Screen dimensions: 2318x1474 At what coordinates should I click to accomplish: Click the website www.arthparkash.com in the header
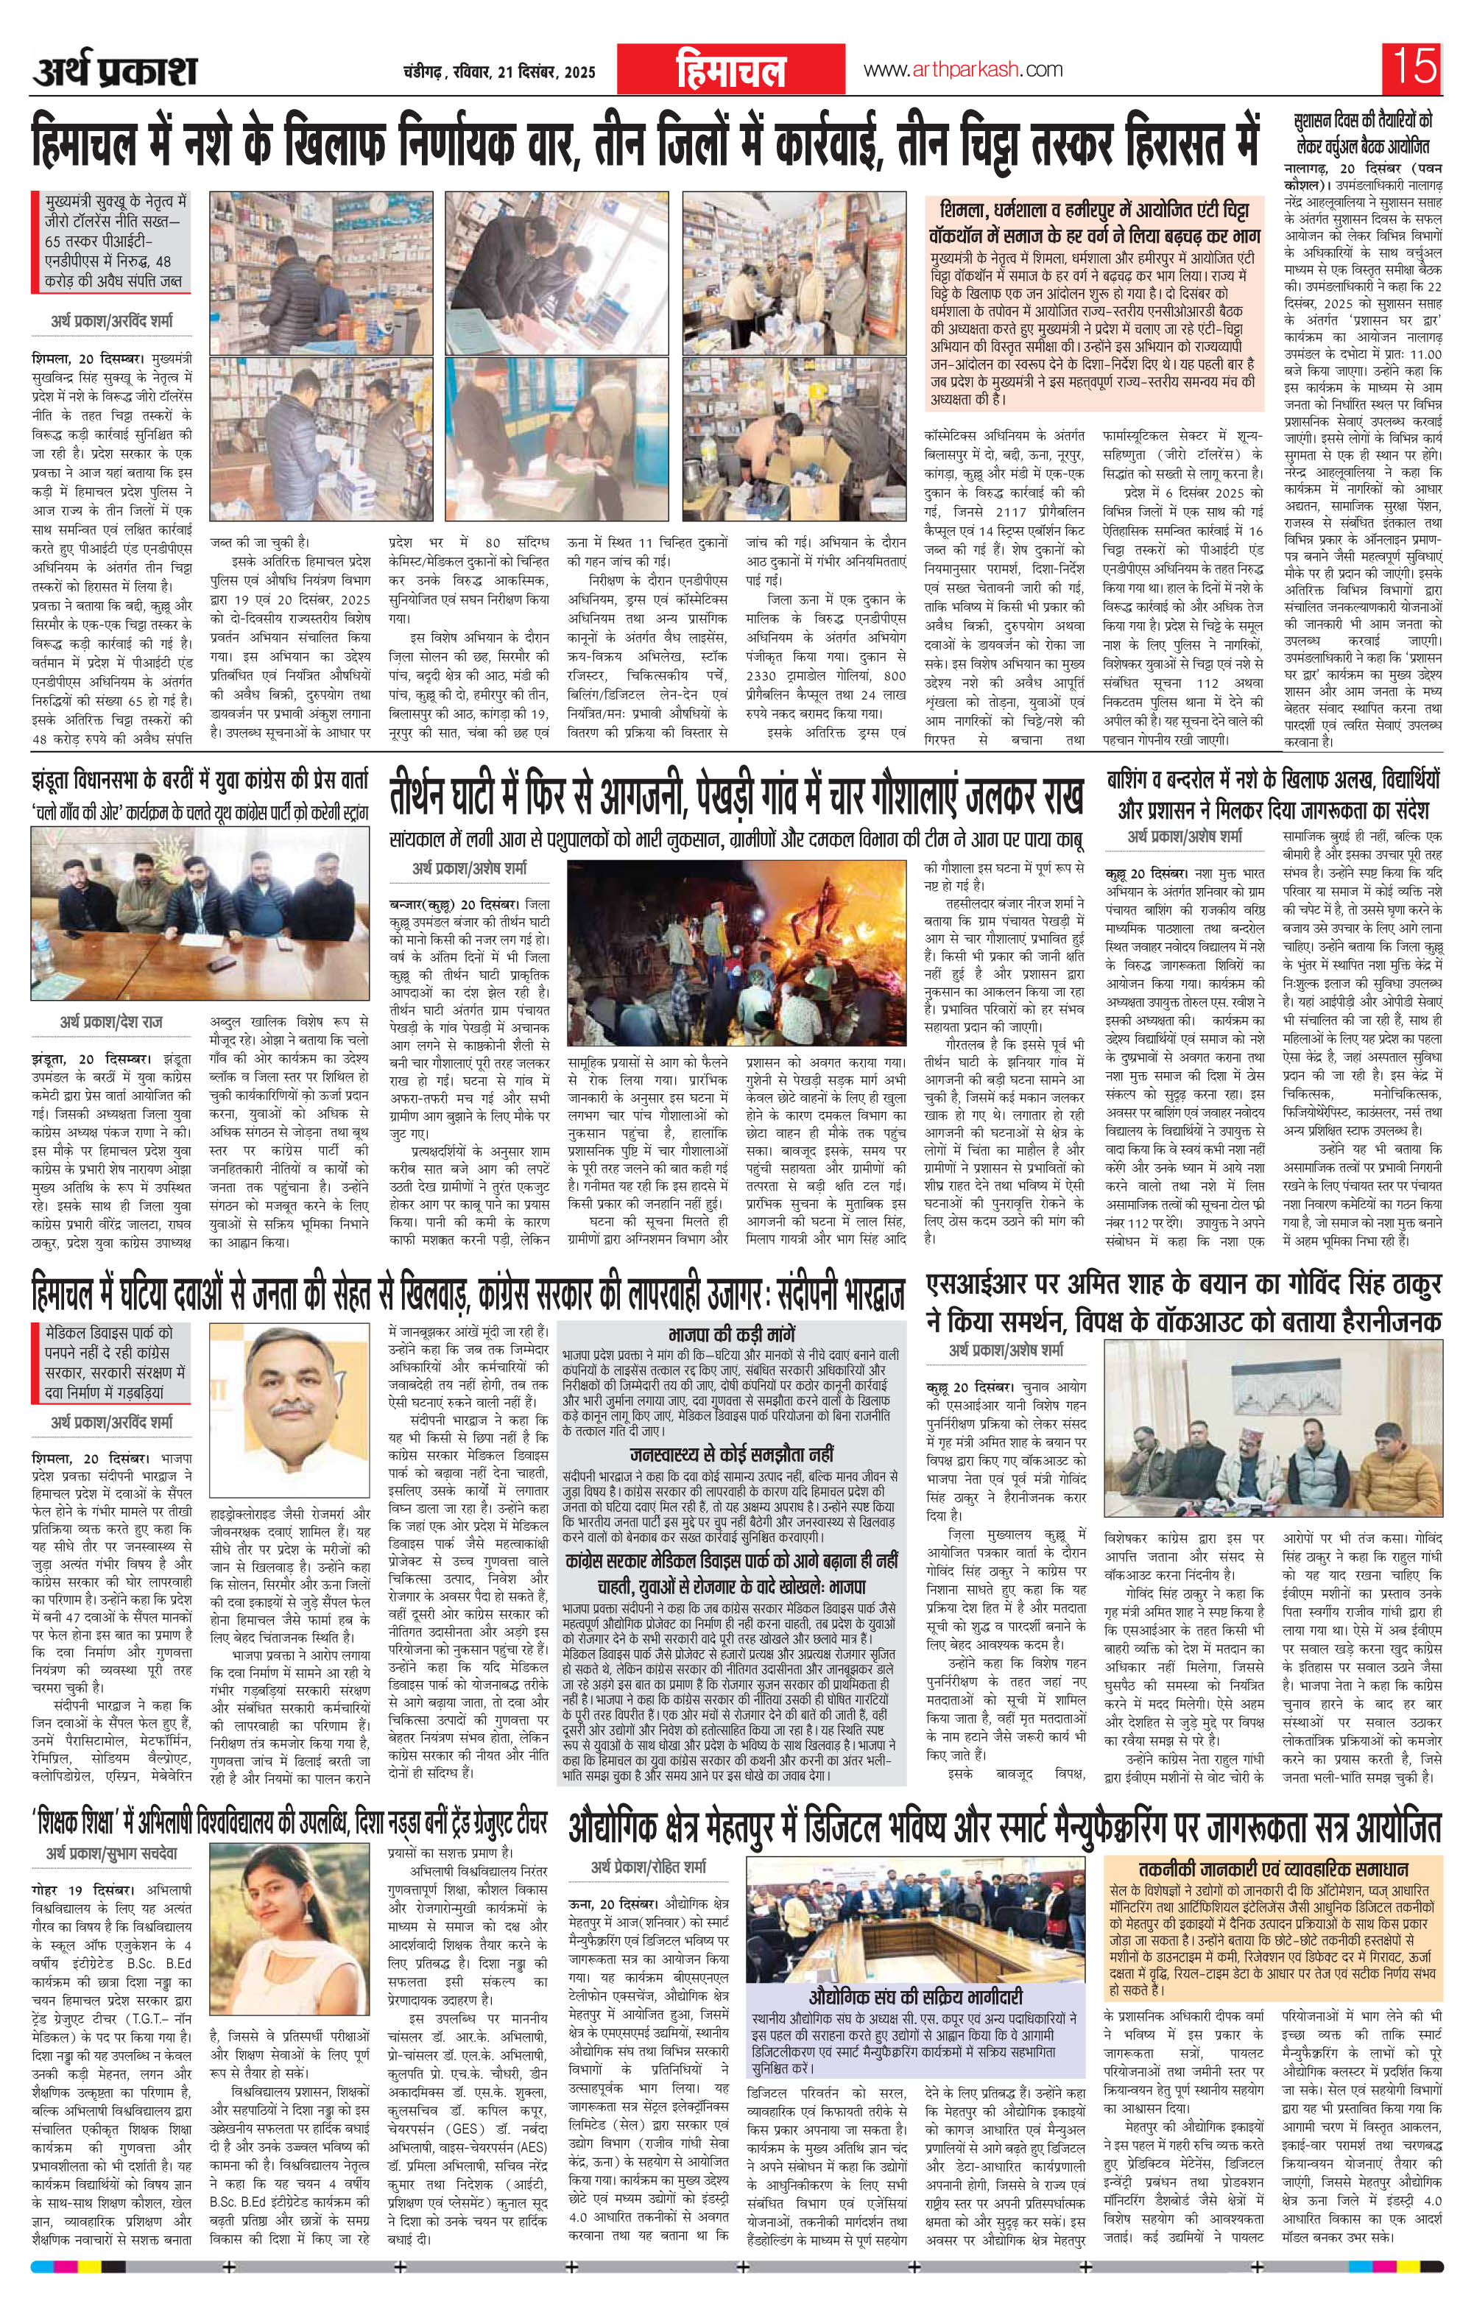tap(963, 69)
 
